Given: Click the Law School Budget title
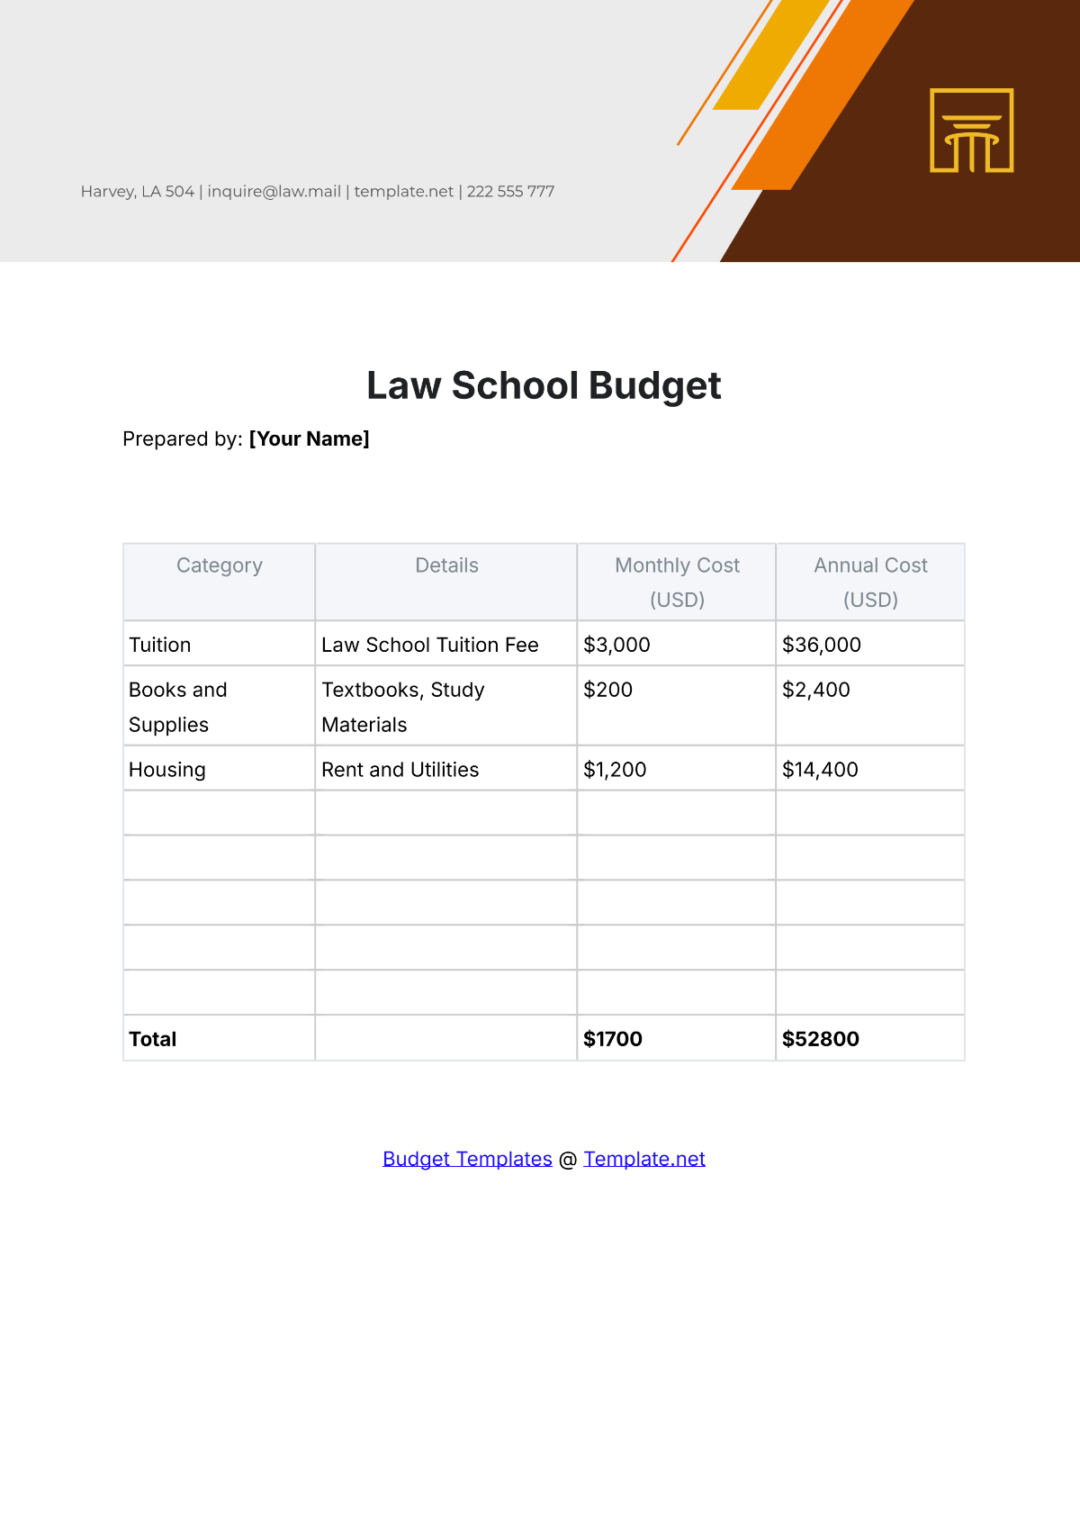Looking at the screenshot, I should pos(544,386).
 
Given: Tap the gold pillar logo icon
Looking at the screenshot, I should pos(971,131).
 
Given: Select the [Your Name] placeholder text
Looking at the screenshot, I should pos(309,439).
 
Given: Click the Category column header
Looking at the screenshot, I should pos(220,565).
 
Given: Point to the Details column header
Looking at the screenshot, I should pos(446,565).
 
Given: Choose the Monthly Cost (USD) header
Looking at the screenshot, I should pos(677,582).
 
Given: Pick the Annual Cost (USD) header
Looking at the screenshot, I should pos(870,582).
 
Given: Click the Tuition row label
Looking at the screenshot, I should pos(160,645).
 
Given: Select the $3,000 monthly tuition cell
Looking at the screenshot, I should pos(616,645).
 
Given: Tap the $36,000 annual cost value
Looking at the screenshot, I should pos(822,645).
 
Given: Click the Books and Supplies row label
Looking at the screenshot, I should pos(177,707).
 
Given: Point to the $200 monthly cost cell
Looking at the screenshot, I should pos(608,690).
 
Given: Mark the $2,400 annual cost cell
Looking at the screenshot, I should pos(816,690).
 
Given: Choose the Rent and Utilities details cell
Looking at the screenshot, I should pos(400,770).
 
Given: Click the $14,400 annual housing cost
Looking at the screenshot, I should pos(820,770).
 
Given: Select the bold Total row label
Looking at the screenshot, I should pos(153,1039).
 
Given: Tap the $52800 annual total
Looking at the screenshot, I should pos(821,1039).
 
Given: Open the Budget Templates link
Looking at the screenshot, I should pos(467,1159).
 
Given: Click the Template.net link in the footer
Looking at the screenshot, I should pos(644,1159).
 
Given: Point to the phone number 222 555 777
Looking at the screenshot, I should pos(510,192).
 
